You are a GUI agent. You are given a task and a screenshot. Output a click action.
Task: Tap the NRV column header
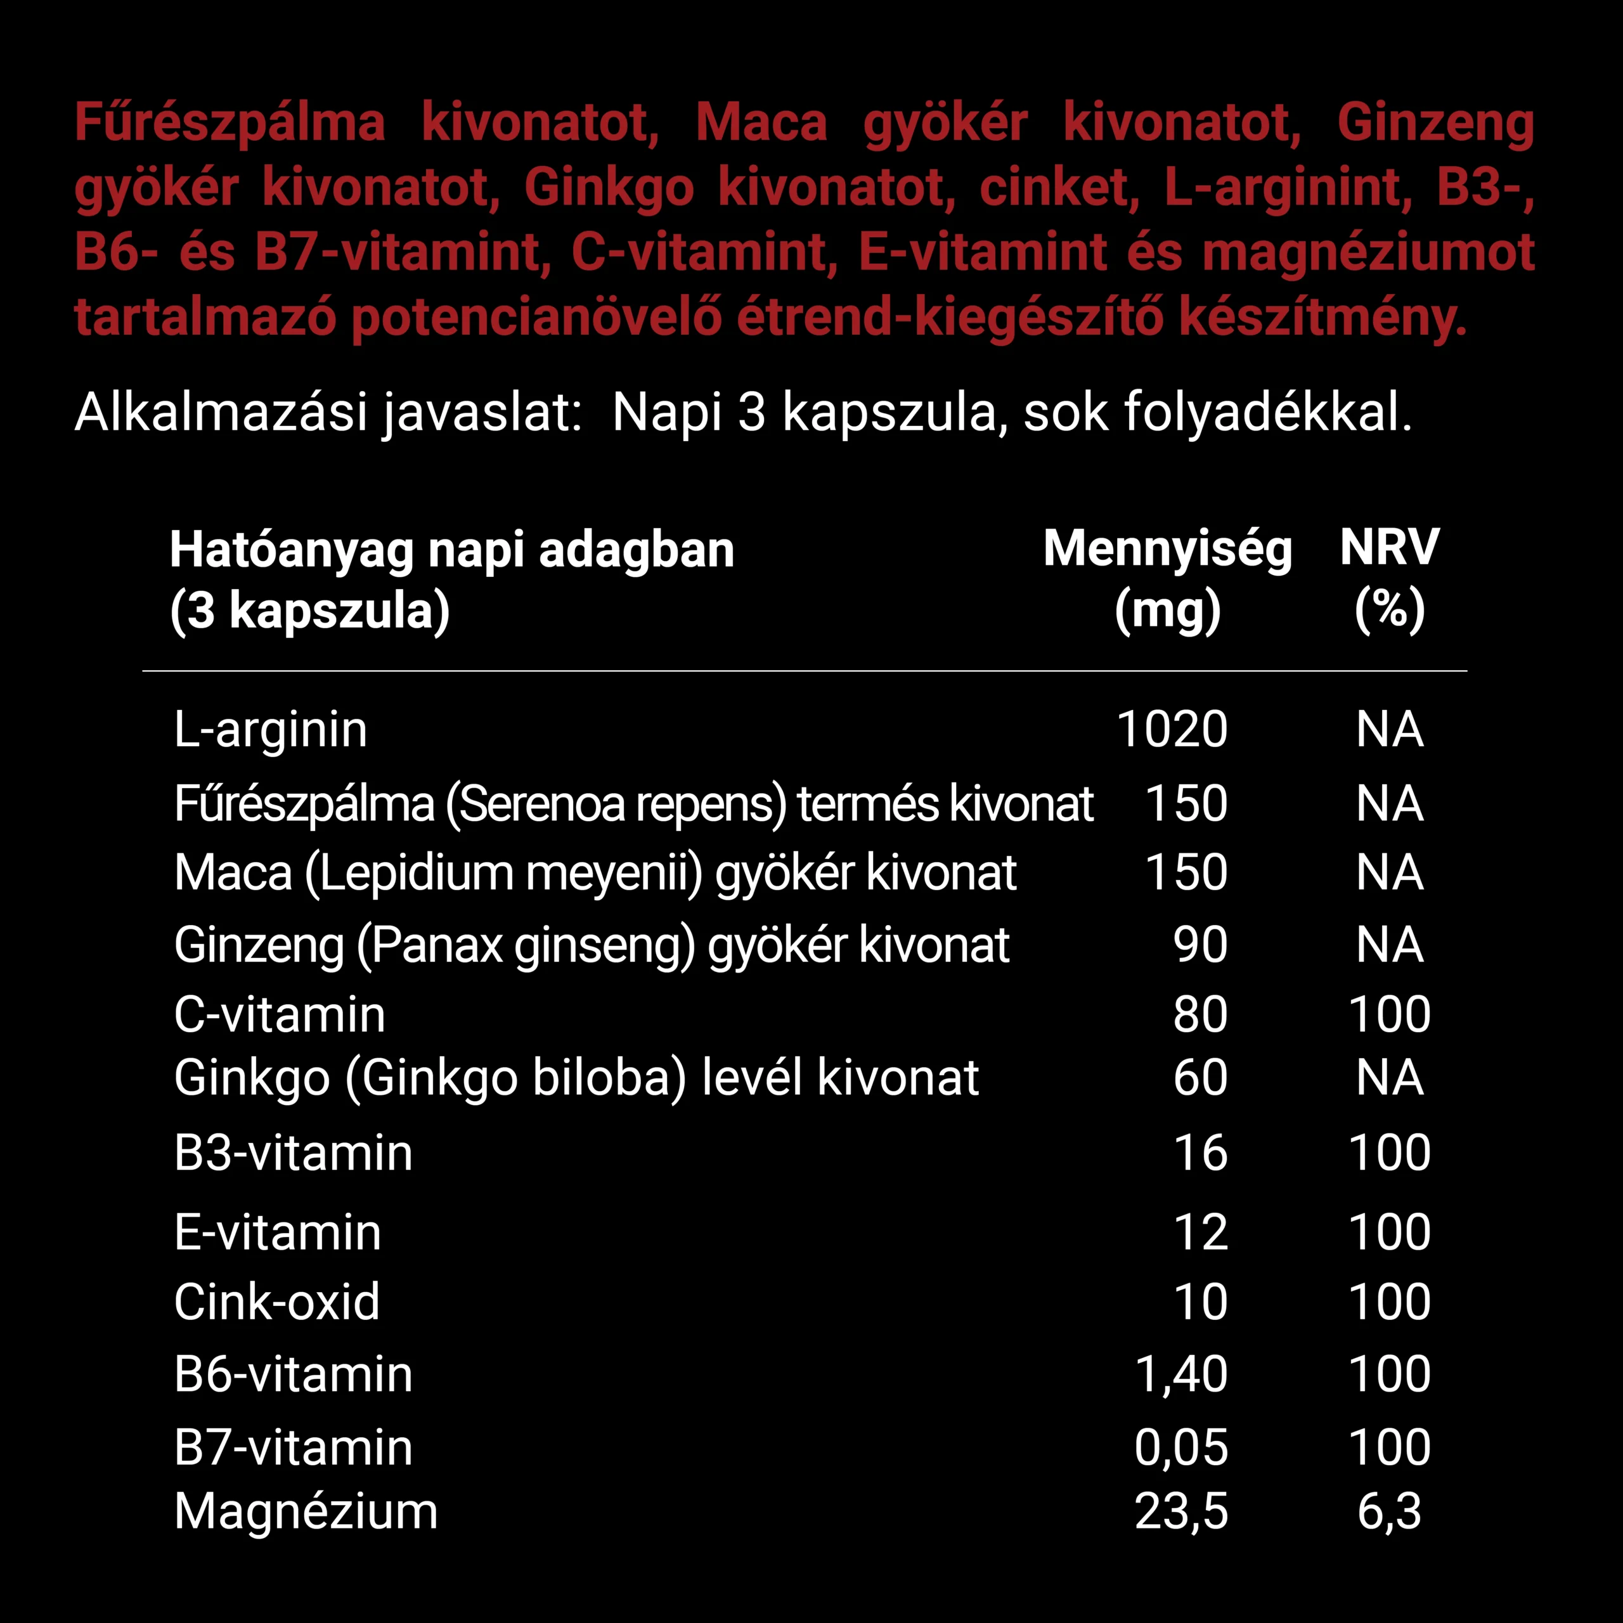[1390, 548]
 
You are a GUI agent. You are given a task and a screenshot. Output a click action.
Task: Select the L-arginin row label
[271, 729]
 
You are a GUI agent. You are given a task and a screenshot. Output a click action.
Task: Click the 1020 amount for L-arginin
[1172, 729]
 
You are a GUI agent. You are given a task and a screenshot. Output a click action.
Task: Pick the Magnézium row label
[306, 1511]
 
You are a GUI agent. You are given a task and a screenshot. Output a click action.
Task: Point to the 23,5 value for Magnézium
[1181, 1511]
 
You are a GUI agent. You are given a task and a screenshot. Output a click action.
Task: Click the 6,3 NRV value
[1390, 1511]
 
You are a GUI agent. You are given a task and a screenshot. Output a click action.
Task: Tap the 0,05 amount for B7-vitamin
[1181, 1447]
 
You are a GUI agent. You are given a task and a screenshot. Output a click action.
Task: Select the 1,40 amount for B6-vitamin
[1181, 1374]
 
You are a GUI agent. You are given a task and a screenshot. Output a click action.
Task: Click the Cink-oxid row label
[277, 1302]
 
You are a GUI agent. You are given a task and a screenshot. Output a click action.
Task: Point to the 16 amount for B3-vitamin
[1200, 1153]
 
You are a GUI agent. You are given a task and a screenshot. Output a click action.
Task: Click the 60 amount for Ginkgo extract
[1200, 1078]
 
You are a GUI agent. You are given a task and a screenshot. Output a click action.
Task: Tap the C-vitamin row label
[280, 1015]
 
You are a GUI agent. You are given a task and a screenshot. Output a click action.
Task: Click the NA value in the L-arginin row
[1390, 729]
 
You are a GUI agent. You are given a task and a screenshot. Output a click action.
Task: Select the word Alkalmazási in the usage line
[221, 413]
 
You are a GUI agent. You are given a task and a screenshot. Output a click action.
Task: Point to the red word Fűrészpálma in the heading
[230, 122]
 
